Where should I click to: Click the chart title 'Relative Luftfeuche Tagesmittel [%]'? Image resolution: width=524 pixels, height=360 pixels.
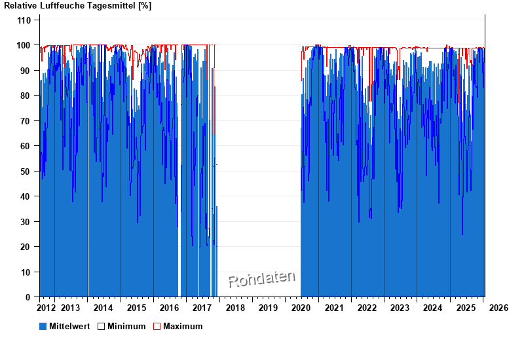[x=78, y=6]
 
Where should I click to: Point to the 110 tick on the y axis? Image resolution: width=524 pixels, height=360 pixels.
[x=24, y=20]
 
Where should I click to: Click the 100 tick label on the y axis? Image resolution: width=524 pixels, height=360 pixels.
[x=24, y=45]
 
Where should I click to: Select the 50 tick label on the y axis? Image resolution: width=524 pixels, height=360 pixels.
[x=26, y=171]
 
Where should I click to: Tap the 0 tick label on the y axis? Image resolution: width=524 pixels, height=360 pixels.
[x=28, y=297]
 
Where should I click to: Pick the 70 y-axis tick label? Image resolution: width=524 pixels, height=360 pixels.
[x=26, y=121]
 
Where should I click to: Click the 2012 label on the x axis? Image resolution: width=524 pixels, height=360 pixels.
[x=47, y=308]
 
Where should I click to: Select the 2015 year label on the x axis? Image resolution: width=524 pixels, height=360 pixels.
[x=136, y=308]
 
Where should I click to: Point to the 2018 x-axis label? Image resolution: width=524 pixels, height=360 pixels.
[x=235, y=308]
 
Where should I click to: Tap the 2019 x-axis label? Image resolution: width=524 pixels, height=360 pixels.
[x=268, y=308]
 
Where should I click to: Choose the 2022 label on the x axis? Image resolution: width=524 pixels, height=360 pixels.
[x=367, y=308]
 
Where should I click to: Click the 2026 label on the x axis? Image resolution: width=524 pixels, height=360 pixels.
[x=498, y=308]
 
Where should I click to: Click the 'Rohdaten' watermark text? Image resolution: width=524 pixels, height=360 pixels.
[x=261, y=279]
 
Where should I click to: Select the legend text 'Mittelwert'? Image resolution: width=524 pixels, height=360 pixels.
[x=69, y=326]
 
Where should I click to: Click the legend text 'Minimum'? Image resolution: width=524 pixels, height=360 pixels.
[x=126, y=326]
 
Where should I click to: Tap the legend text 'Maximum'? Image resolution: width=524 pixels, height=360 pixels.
[x=183, y=326]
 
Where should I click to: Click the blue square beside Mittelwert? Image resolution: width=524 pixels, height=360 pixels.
[x=43, y=326]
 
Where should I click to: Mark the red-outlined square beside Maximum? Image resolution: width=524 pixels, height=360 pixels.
[x=157, y=326]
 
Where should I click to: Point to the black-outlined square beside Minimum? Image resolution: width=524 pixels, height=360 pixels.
[x=101, y=326]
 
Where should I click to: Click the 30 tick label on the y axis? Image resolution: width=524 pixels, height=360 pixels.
[x=26, y=222]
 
